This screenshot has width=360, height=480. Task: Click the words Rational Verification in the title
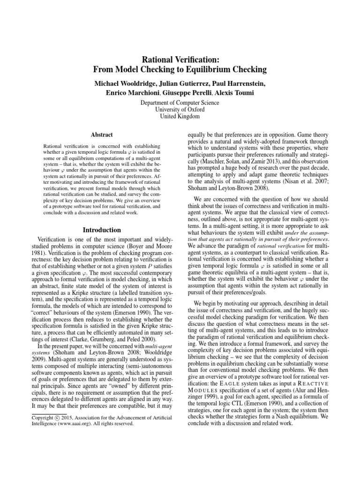(x=180, y=59)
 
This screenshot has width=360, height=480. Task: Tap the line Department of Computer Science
(x=180, y=102)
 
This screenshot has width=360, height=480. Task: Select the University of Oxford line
(x=180, y=109)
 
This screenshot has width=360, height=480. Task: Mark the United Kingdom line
(x=180, y=116)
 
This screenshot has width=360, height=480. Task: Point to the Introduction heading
(x=102, y=230)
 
